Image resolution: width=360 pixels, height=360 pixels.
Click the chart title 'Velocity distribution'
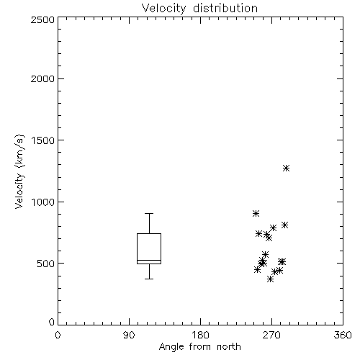coord(199,9)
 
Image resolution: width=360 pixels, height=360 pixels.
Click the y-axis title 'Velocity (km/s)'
coord(19,171)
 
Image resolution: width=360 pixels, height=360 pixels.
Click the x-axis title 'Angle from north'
coord(199,347)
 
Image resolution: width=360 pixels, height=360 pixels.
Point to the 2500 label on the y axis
coord(42,19)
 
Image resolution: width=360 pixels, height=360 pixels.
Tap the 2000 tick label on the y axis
coord(42,79)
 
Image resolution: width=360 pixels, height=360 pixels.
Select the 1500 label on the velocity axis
coord(43,140)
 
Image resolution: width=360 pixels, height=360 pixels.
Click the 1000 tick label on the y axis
coord(43,202)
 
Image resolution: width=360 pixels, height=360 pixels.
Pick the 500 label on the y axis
coord(46,264)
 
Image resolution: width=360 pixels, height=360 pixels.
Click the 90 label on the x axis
coord(129,335)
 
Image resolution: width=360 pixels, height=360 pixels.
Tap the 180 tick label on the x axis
coord(200,335)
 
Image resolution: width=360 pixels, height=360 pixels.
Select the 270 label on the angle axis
coord(271,335)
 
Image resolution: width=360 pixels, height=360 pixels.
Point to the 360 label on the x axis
coord(343,335)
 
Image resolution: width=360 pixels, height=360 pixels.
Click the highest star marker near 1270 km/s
coord(286,168)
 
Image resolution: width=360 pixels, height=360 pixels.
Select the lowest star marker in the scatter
coord(271,279)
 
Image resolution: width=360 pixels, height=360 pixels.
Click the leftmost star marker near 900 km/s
coord(256,213)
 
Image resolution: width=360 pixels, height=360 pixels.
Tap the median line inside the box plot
coord(149,260)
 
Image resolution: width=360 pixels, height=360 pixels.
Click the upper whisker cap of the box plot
coord(149,213)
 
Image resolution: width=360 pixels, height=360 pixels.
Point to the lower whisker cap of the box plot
coord(149,279)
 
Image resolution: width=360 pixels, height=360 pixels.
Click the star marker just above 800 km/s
coord(284,225)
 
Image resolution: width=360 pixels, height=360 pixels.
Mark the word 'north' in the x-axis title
coord(229,347)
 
